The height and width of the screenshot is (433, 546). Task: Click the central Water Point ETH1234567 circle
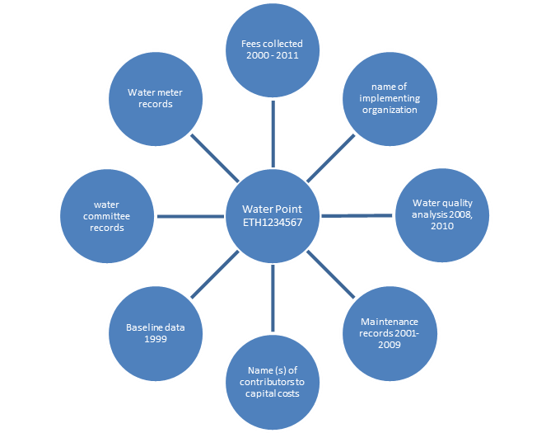pyautogui.click(x=273, y=216)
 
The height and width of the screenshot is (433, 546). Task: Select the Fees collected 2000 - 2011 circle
pyautogui.click(x=273, y=48)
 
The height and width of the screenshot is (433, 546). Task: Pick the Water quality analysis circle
pyautogui.click(x=439, y=216)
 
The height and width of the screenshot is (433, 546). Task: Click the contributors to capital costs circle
pyautogui.click(x=273, y=382)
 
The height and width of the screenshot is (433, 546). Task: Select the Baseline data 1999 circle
pyautogui.click(x=155, y=333)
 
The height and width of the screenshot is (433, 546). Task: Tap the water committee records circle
pyautogui.click(x=107, y=216)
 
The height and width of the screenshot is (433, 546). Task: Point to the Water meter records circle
pyautogui.click(x=155, y=97)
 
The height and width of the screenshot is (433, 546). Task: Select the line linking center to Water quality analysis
pyautogui.click(x=356, y=216)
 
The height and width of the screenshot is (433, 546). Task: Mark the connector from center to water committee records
pyautogui.click(x=190, y=216)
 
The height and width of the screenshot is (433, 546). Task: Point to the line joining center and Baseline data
pyautogui.click(x=214, y=275)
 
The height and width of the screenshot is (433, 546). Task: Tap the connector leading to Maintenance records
pyautogui.click(x=332, y=275)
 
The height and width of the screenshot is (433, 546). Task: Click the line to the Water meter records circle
pyautogui.click(x=214, y=157)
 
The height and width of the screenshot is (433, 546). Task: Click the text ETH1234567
pyautogui.click(x=273, y=223)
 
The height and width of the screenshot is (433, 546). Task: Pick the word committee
pyautogui.click(x=107, y=216)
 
